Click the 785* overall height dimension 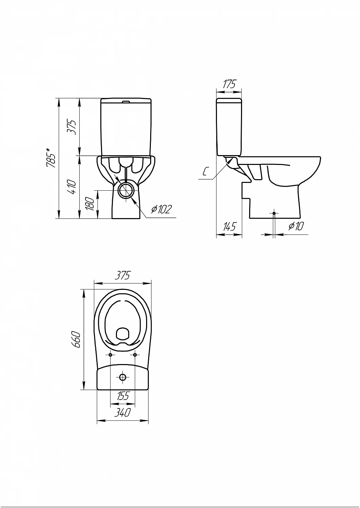[x=51, y=158]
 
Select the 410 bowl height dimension [x=72, y=187]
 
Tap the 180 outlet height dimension [x=91, y=204]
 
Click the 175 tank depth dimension [x=229, y=84]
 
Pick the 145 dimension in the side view [x=229, y=226]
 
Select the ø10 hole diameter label [x=296, y=226]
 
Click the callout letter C [x=205, y=172]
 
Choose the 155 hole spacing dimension [x=123, y=396]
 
